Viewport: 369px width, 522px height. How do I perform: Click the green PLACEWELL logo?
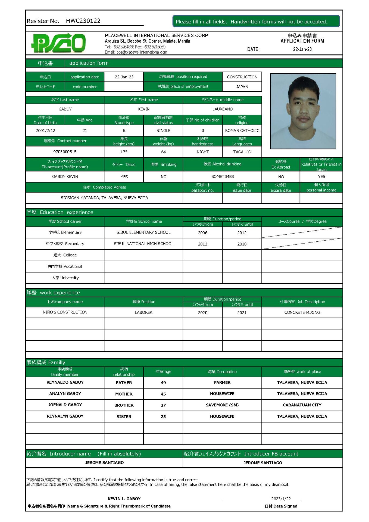pos(58,43)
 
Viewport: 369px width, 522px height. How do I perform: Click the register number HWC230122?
pos(83,21)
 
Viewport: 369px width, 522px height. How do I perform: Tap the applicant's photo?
pos(303,111)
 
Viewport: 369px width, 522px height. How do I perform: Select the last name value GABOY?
pos(65,109)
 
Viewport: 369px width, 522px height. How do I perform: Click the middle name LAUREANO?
pos(222,109)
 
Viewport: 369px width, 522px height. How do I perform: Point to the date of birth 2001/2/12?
pos(45,130)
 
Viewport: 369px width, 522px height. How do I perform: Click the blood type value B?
pos(124,130)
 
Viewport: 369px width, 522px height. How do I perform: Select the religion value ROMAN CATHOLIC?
pos(242,130)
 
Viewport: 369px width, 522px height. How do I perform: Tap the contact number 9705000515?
pos(65,152)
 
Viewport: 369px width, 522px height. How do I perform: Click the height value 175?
pos(124,152)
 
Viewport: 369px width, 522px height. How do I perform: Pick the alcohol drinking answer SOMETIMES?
pos(222,176)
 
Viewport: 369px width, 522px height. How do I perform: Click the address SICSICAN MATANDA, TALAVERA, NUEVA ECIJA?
pos(104,198)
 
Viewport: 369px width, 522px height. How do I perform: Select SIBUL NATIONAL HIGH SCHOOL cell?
pos(143,244)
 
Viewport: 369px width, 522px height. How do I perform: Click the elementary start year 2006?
pos(202,233)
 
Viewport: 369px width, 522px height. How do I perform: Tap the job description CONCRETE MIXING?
pos(302,312)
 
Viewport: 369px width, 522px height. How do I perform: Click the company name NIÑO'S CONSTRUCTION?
pos(65,312)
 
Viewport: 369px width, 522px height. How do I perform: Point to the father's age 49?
pos(163,383)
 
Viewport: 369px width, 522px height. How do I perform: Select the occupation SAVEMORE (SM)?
pos(222,405)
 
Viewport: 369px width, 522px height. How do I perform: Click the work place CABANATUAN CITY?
pos(302,405)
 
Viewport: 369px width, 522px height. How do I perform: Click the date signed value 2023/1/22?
pos(281,499)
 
